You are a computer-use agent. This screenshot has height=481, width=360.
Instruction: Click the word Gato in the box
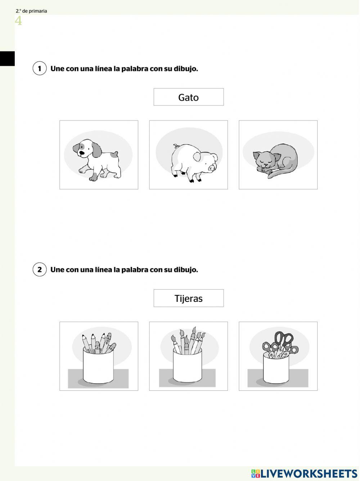[188, 97]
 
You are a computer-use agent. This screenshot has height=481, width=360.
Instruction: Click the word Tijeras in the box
[188, 299]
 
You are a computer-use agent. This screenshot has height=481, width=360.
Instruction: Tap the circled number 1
[40, 68]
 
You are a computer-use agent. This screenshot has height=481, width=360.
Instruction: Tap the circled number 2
[40, 269]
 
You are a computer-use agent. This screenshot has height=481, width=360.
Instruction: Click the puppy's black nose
[82, 153]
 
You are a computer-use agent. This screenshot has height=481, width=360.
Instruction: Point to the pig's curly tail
[176, 146]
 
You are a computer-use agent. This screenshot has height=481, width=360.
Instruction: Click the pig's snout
[212, 168]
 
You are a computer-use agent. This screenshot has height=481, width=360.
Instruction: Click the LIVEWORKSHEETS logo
[304, 473]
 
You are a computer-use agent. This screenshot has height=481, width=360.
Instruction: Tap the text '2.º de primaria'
[31, 11]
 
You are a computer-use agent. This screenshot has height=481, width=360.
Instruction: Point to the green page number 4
[18, 21]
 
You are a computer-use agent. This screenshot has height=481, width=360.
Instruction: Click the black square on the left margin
[7, 59]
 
